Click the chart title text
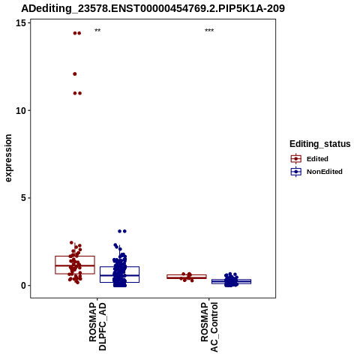(153, 9)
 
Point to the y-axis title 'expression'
(8, 158)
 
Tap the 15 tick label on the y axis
(21, 23)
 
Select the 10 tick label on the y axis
(21, 110)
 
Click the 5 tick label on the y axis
(23, 198)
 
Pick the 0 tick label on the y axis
(23, 286)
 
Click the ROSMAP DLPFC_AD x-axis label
(97, 326)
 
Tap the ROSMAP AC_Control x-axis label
(209, 327)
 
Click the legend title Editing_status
(320, 144)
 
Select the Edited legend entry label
(317, 159)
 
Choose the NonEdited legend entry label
(325, 172)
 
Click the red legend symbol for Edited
(296, 159)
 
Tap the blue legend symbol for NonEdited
(296, 172)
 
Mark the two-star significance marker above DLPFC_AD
(97, 31)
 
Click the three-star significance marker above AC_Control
(209, 31)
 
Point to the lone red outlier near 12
(75, 74)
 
